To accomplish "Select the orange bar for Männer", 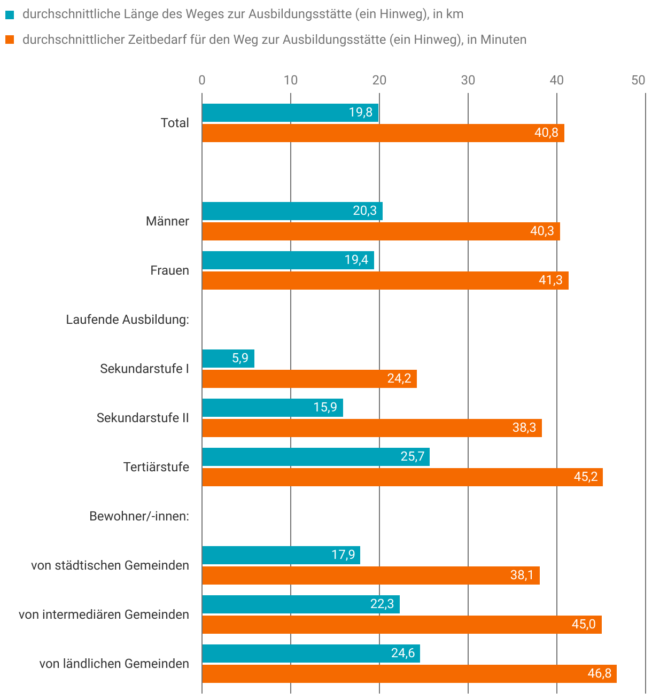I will click(x=381, y=231).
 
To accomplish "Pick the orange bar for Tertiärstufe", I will click(x=402, y=477).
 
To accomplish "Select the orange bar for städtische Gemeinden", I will click(x=370, y=575).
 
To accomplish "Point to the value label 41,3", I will click(x=550, y=281).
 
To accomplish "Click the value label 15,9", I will click(x=325, y=408).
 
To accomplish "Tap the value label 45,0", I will click(x=584, y=625).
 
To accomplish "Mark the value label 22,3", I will click(x=382, y=604).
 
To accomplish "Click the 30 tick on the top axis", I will click(x=468, y=80).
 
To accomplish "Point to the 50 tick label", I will click(x=638, y=80).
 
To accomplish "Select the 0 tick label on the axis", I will click(x=202, y=80).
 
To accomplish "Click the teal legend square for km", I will click(x=10, y=15).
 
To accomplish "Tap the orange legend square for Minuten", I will click(x=10, y=40).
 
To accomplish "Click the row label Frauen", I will click(x=169, y=270).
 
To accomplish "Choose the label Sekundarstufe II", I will click(x=143, y=418).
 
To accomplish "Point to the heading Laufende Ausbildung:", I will click(x=127, y=320).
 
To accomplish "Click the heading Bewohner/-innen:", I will click(x=139, y=516).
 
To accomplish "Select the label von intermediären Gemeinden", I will click(x=104, y=615).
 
